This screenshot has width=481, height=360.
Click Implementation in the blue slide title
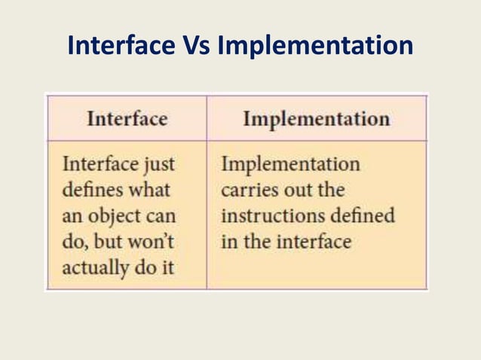coord(315,47)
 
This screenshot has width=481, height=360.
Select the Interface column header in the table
coord(127,119)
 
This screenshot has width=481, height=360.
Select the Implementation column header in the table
coord(317,119)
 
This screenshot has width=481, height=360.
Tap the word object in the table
coord(112,216)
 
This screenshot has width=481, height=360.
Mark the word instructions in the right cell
coord(268,215)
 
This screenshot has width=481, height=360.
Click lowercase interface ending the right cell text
coord(315,242)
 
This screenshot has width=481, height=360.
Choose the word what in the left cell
coord(148,189)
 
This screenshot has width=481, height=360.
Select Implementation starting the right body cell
coord(290,163)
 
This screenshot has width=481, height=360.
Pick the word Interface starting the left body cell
coord(99,163)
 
